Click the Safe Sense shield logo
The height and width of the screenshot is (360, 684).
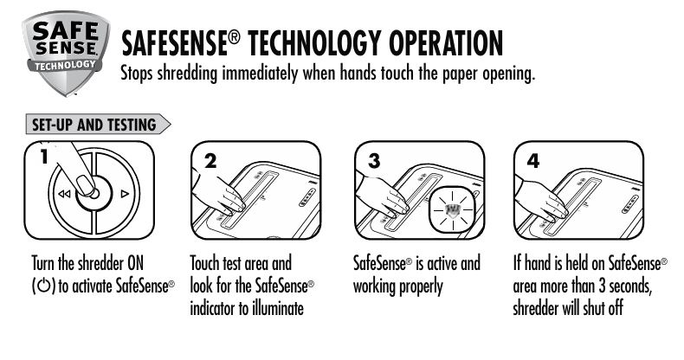(66, 52)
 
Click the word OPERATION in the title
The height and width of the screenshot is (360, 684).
(445, 43)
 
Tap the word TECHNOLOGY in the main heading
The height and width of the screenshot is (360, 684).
(314, 43)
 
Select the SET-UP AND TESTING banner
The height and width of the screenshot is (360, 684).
(98, 125)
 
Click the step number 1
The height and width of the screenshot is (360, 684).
(43, 157)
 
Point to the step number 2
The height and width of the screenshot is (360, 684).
(210, 161)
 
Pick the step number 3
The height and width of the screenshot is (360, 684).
(374, 161)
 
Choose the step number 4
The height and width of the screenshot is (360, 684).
(533, 161)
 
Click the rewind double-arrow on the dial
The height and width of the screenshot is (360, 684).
(64, 194)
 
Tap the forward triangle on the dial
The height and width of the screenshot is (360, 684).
(125, 194)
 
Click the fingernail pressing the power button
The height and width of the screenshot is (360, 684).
(85, 185)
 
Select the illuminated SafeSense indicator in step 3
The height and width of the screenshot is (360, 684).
(453, 209)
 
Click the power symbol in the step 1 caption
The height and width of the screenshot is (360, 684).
(43, 286)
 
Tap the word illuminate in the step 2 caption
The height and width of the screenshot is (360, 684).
(277, 309)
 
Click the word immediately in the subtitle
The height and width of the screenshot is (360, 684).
(260, 74)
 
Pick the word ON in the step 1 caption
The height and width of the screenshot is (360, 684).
(135, 263)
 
